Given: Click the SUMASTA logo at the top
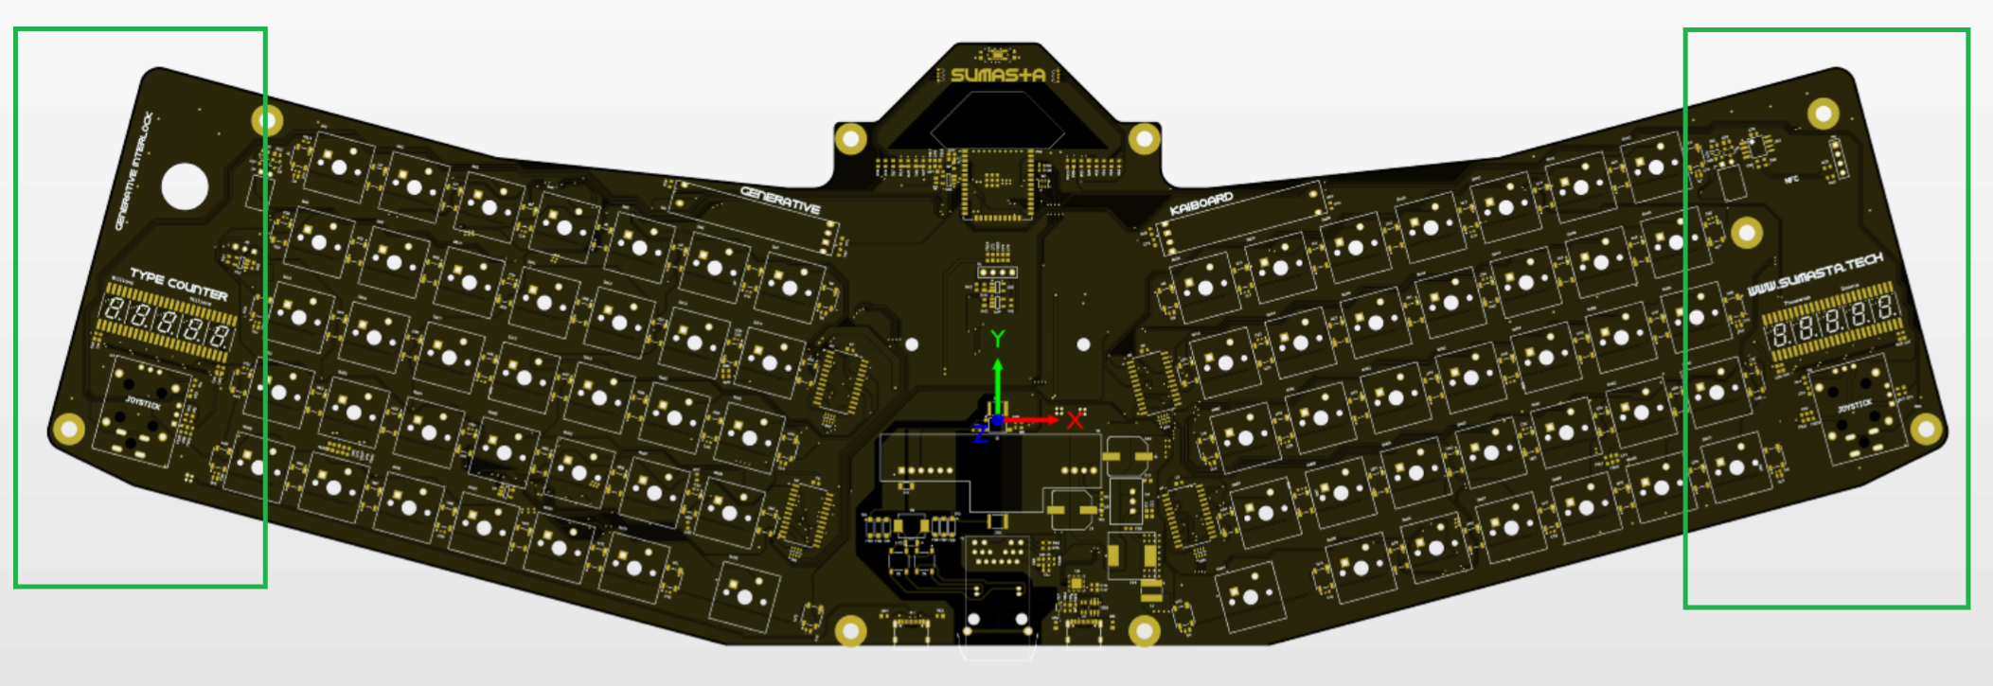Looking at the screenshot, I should (x=997, y=75).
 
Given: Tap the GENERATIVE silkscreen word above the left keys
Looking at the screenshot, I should (x=780, y=200).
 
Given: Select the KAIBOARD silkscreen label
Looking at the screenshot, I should (x=1201, y=203).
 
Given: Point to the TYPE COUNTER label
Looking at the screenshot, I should (x=178, y=284).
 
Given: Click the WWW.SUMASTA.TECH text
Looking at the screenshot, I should (x=1814, y=274).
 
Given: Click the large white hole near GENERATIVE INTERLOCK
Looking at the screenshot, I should (x=185, y=186).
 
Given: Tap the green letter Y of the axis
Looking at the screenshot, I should (x=997, y=339).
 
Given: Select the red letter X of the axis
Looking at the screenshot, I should (x=1075, y=420).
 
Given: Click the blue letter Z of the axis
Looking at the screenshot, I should (x=981, y=434).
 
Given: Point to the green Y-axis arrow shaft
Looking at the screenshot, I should (x=997, y=388).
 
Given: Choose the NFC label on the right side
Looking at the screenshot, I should (x=1790, y=180).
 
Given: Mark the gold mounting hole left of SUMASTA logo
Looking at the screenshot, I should (x=850, y=140).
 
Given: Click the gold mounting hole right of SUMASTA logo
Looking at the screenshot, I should (x=1144, y=140).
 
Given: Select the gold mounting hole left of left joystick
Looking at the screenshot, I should (x=68, y=429).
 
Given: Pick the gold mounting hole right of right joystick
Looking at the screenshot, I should (x=1926, y=430).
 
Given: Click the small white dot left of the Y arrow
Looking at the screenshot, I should (x=912, y=344).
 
